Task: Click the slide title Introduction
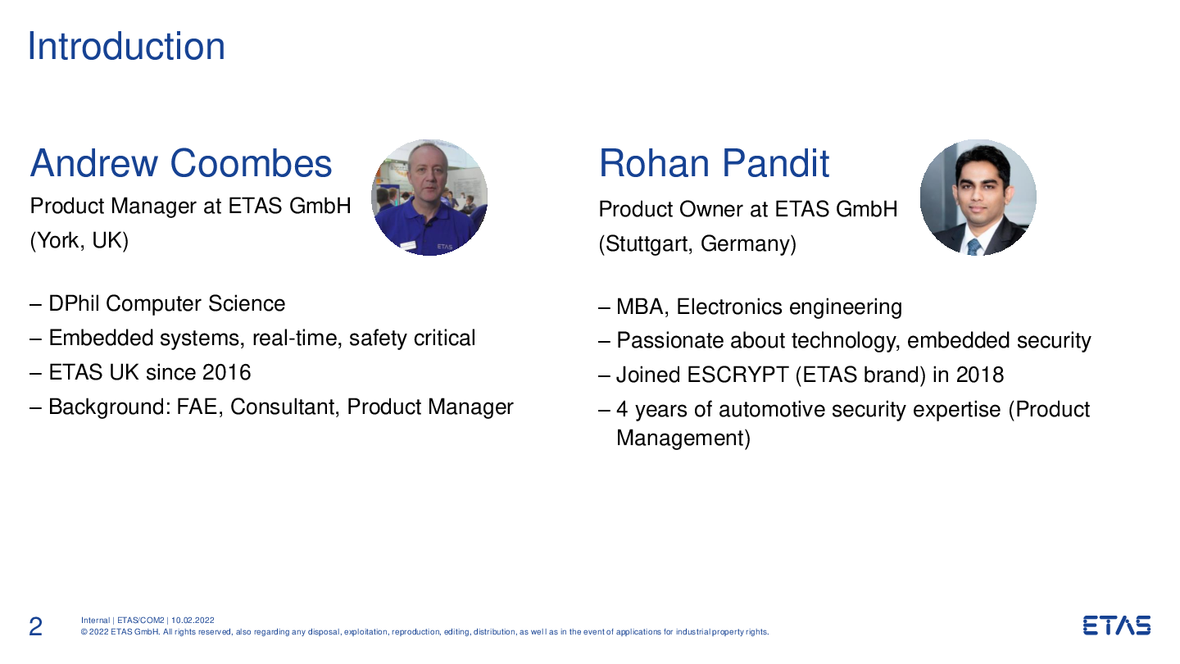(126, 47)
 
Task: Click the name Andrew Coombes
(180, 163)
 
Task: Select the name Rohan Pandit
(715, 163)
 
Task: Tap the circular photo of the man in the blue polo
(429, 198)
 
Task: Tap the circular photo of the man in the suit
(978, 198)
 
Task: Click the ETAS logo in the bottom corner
(1117, 625)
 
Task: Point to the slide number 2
(35, 626)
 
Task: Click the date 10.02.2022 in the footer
(193, 621)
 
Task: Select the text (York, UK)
(79, 241)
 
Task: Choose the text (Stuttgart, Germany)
(697, 244)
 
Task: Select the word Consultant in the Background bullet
(285, 407)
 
